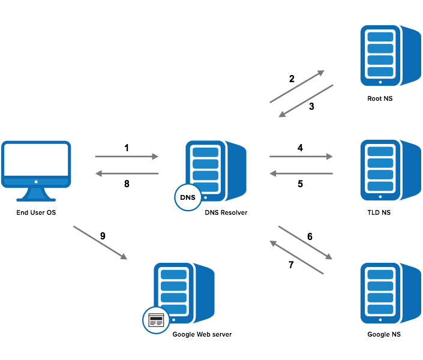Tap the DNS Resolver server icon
pos(213,171)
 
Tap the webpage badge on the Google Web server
pos(156,319)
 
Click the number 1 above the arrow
pos(127,147)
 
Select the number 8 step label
pos(127,184)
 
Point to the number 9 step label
pos(103,236)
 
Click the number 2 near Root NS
pos(292,79)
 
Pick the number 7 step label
pos(292,265)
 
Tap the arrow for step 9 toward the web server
pos(100,243)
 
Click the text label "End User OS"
pos(36,213)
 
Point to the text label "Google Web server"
pos(202,334)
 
